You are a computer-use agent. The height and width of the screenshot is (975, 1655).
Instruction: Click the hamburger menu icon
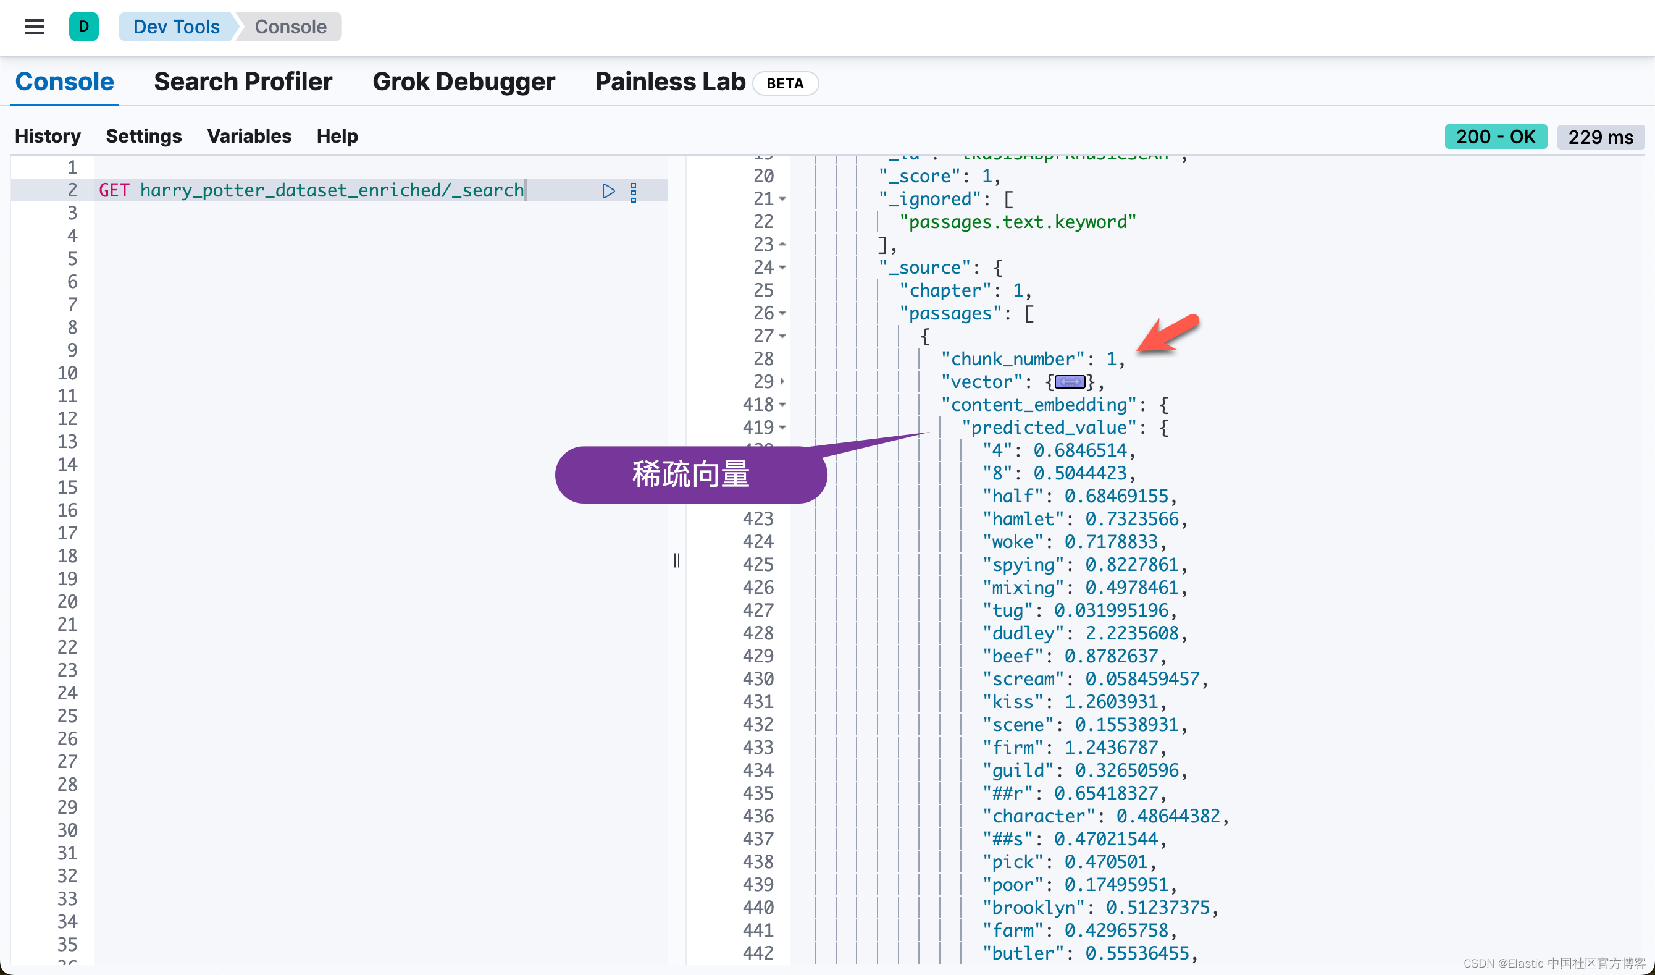coord(34,27)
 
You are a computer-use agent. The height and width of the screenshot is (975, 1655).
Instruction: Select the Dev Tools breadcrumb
coord(176,27)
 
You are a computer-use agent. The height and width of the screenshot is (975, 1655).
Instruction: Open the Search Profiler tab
coord(243,82)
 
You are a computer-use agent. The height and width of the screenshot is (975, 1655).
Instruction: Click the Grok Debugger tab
coord(464,82)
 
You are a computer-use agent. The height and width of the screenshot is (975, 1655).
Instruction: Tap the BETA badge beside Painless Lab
coord(785,83)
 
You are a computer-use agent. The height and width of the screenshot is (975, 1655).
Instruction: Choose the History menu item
coord(48,136)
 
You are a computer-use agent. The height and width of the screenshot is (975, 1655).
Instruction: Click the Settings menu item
coord(144,136)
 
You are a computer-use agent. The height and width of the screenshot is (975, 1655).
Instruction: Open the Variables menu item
coord(249,136)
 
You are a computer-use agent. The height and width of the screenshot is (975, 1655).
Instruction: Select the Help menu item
coord(337,136)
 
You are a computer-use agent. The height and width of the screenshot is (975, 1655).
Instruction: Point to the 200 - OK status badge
coord(1496,137)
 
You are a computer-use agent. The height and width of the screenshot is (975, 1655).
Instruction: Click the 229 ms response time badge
coord(1601,137)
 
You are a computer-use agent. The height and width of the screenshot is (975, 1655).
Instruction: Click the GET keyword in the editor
coord(114,190)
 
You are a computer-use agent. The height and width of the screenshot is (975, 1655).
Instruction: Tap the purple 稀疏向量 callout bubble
coord(690,475)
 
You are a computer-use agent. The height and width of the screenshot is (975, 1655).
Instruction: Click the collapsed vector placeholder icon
coord(1070,382)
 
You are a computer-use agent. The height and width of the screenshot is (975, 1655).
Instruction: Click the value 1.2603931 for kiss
coord(1110,702)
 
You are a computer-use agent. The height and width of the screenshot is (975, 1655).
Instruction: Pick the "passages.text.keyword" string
coord(1017,222)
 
